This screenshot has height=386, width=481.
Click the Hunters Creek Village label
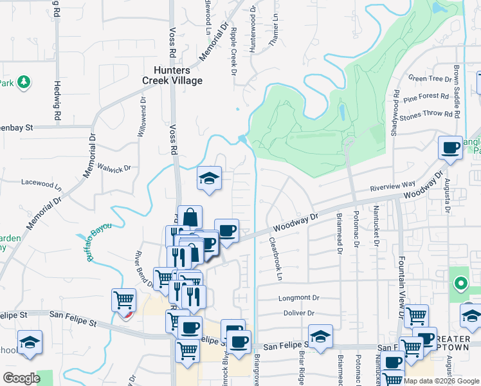tap(173, 75)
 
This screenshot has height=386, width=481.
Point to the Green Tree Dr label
tap(430, 79)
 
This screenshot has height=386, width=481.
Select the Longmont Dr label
tap(298, 298)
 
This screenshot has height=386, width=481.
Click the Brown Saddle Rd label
tap(457, 90)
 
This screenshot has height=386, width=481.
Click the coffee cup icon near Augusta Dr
tap(450, 148)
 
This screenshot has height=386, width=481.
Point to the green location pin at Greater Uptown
tap(460, 283)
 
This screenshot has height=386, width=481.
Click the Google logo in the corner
tap(22, 378)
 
